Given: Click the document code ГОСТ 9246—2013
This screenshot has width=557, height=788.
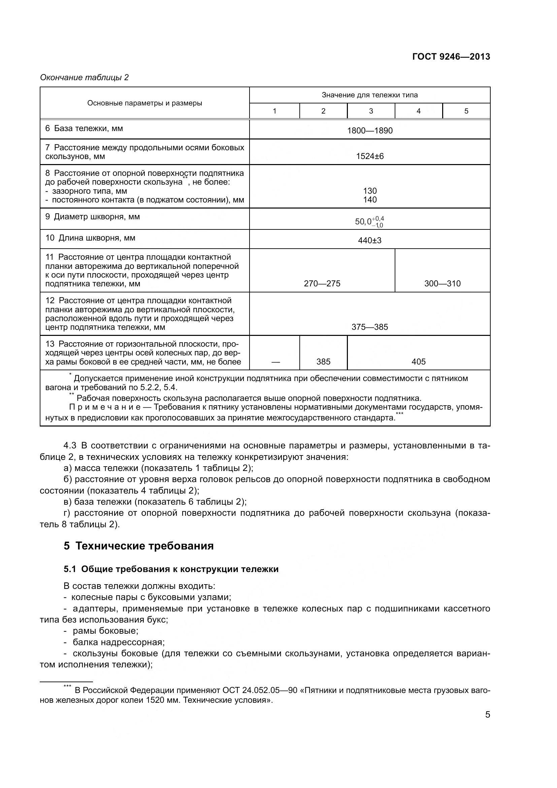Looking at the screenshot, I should tap(451, 57).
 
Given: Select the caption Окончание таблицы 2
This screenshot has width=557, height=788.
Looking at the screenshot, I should tap(85, 77).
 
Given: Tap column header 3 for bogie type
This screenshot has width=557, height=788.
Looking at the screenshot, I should tap(371, 111).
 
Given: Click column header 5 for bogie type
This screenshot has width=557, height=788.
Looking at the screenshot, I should tap(466, 111).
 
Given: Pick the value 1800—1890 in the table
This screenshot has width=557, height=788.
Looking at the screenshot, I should tap(370, 130).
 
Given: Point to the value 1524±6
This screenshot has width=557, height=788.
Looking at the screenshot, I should tap(370, 156).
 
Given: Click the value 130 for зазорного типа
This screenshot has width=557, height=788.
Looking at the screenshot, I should tap(370, 191).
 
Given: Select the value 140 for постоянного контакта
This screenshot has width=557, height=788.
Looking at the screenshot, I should tap(370, 200).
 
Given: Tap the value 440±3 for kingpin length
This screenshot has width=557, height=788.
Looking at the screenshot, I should tap(370, 240).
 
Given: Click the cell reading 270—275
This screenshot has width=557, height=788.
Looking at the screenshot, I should tap(322, 283).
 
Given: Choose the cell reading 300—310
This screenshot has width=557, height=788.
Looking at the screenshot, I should tap(443, 283).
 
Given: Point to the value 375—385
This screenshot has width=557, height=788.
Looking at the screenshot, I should tap(370, 327).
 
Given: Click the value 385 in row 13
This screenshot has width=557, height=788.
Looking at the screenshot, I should tap(323, 361).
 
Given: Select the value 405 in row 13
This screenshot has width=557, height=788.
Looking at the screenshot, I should tap(419, 361).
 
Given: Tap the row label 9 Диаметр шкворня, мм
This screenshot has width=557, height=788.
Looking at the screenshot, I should tap(93, 217).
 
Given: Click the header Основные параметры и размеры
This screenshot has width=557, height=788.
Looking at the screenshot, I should tap(144, 103).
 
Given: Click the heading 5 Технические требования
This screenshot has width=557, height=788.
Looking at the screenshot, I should tap(138, 546).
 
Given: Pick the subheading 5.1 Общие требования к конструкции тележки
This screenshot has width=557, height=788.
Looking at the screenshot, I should tap(171, 569).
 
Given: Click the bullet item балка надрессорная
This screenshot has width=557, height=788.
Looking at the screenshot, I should tap(118, 642).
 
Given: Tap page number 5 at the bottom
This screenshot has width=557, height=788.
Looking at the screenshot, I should tap(487, 715).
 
